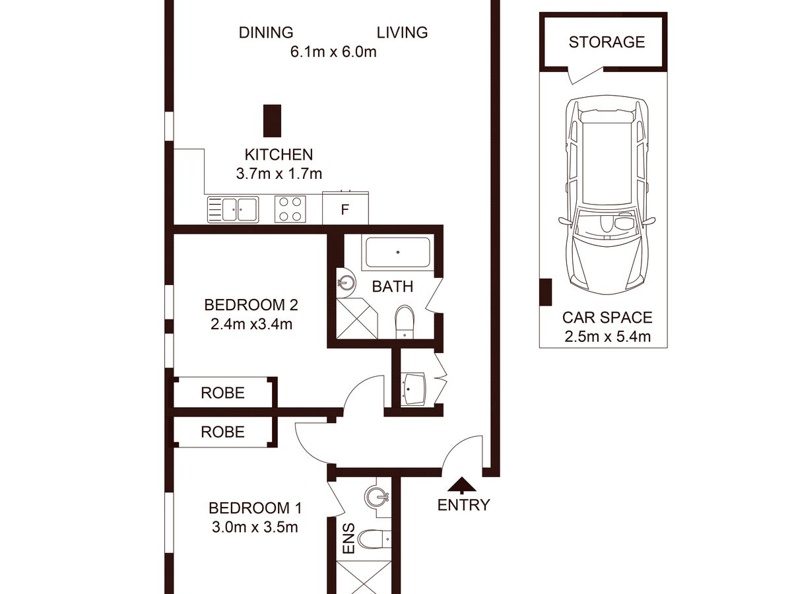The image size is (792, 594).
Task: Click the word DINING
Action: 266,32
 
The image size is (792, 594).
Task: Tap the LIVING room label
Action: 403,32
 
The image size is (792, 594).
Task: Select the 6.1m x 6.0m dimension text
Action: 333,52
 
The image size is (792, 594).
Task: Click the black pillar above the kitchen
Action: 272,121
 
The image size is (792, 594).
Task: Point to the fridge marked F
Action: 345,208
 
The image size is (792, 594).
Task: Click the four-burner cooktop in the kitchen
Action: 290,209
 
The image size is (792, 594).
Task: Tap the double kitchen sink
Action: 233,209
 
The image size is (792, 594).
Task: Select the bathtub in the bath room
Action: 398,252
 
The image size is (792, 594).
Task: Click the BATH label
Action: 393,286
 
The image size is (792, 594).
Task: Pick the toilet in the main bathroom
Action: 405,322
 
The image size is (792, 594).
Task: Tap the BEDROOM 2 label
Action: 251,305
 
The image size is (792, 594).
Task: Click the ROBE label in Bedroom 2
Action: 222,393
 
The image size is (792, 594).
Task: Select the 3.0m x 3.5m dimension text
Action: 255,527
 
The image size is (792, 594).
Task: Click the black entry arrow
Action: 462,485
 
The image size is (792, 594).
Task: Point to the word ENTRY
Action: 464,505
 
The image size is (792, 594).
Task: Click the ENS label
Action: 349,539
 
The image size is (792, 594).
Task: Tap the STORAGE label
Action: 607,42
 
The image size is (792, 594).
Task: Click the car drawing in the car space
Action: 607,195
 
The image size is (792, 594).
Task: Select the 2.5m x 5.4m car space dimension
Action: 608,337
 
